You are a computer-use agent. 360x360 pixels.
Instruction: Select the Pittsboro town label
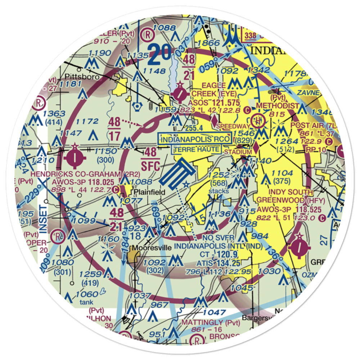coord(85,77)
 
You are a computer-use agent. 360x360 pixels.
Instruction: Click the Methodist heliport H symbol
coord(258,120)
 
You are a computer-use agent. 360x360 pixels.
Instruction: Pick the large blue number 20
coord(160,51)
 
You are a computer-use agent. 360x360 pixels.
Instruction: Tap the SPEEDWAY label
coord(233,127)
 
